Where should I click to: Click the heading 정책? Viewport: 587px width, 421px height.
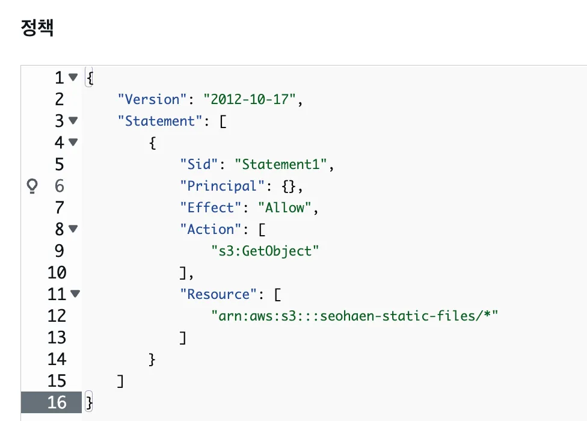pyautogui.click(x=37, y=28)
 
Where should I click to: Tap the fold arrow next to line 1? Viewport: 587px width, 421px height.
pyautogui.click(x=73, y=77)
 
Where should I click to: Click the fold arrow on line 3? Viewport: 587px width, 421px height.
pyautogui.click(x=73, y=120)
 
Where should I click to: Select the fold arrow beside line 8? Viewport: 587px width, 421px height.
pyautogui.click(x=73, y=229)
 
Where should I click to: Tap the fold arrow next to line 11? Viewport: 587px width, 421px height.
pyautogui.click(x=75, y=293)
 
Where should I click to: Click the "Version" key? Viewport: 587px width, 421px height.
pyautogui.click(x=152, y=99)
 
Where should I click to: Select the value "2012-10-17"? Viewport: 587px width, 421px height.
pyautogui.click(x=250, y=99)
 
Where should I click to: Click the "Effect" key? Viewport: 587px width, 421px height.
pyautogui.click(x=211, y=207)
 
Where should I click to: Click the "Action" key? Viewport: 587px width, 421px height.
pyautogui.click(x=211, y=229)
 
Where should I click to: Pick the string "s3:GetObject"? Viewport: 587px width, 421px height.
pyautogui.click(x=265, y=251)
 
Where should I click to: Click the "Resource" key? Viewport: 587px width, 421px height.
pyautogui.click(x=218, y=294)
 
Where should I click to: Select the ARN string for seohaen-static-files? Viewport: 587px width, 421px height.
pyautogui.click(x=355, y=316)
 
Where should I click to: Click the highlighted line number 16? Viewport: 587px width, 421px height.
pyautogui.click(x=57, y=402)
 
